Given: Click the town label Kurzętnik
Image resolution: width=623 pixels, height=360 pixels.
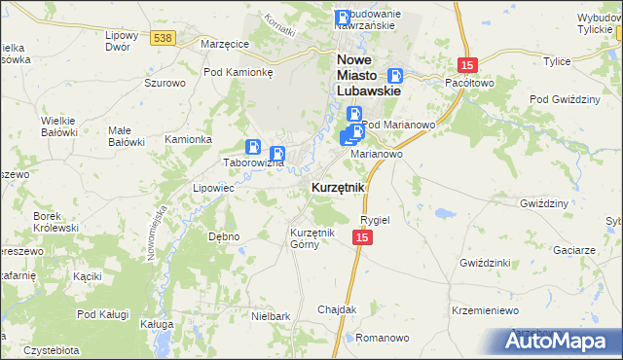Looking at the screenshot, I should tap(338, 187).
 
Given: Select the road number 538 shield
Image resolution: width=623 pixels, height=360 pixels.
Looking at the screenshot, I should tap(163, 37).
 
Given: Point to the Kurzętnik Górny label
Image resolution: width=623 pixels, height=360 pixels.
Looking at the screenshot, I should tap(312, 238).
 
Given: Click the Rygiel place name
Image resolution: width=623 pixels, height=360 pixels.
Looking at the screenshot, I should tap(375, 220).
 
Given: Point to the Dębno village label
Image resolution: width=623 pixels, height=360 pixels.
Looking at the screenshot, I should tap(224, 236).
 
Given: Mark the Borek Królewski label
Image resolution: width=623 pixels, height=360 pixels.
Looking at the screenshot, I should tap(55, 221).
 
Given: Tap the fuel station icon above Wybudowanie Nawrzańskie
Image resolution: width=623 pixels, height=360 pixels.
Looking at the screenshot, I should tap(343, 18).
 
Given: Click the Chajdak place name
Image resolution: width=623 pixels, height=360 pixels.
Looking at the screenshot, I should tap(337, 309).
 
